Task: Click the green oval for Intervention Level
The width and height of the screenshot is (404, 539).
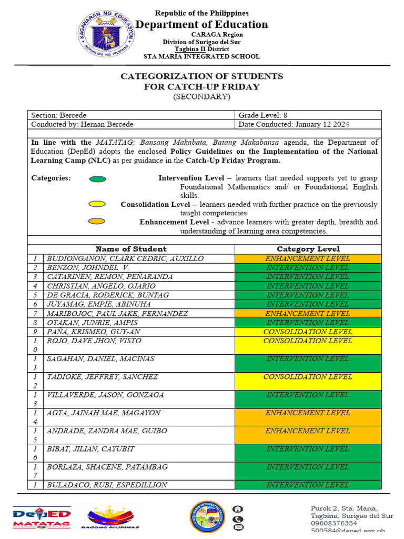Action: click(97, 178)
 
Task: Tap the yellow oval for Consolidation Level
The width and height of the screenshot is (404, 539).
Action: click(97, 204)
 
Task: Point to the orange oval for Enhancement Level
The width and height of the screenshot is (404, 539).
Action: click(97, 222)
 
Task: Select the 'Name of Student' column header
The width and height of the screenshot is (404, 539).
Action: click(131, 249)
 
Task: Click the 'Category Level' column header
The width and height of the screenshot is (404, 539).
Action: click(308, 249)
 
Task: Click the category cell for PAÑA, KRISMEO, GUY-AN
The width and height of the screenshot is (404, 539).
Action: click(308, 332)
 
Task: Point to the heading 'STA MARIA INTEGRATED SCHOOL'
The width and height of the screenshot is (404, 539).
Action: click(202, 57)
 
